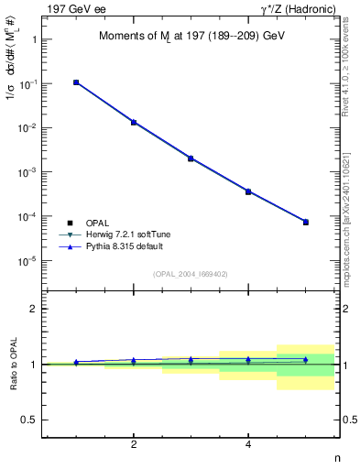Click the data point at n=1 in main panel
(76, 82)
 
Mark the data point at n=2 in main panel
(134, 122)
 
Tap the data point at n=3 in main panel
(191, 158)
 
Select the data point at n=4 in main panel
(248, 191)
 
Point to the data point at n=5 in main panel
(306, 222)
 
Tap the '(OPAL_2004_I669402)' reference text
(190, 273)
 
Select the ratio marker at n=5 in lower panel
(306, 360)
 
